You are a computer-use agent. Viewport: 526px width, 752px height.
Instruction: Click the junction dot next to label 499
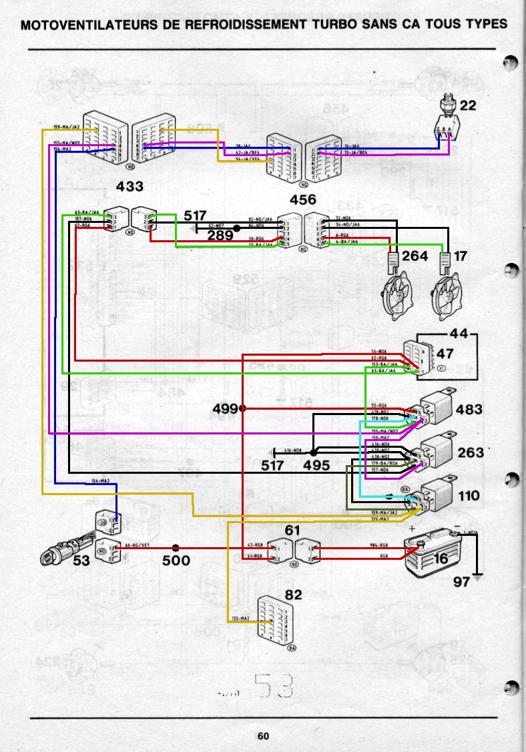tap(243, 408)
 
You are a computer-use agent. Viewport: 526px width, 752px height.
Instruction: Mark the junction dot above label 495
tap(314, 452)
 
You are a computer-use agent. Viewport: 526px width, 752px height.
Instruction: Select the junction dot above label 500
tap(176, 548)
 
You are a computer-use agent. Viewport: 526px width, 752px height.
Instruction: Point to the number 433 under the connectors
tap(129, 185)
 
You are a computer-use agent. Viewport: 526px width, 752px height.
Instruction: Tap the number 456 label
tap(302, 200)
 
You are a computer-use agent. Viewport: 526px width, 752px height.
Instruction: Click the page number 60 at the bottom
tap(263, 736)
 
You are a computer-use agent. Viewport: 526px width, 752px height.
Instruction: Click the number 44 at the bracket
tap(460, 333)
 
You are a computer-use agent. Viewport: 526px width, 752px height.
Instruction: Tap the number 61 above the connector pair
tap(292, 530)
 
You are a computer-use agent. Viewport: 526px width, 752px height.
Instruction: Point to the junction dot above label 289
tap(236, 228)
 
